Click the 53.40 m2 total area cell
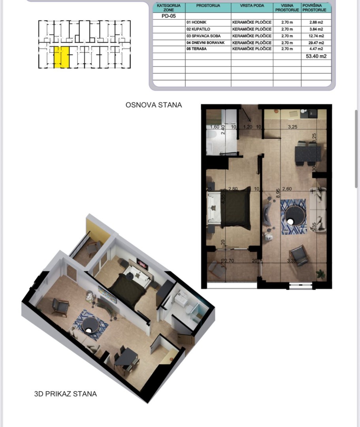coord(316,56)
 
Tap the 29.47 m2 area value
coord(316,42)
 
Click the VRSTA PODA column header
coord(252,6)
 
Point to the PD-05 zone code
coord(168,16)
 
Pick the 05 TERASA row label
coord(196,49)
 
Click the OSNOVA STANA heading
coord(154,105)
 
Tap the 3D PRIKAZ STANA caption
coord(65,394)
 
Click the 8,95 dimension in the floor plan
coord(279,193)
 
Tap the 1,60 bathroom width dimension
coord(215,127)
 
